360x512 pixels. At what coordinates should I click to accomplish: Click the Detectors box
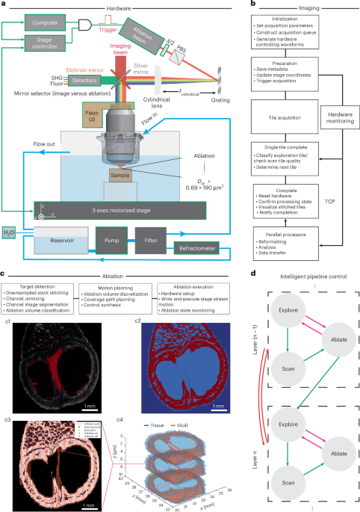tap(52, 78)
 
